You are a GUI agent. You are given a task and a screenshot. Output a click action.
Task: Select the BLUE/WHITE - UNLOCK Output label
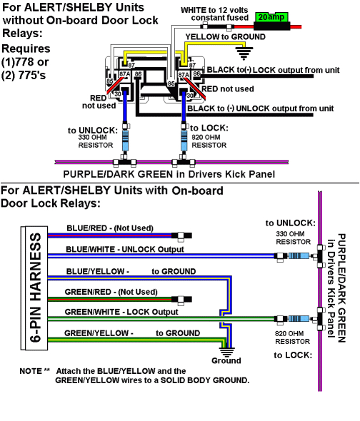click(124, 249)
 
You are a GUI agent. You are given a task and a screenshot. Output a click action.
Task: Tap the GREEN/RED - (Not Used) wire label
click(111, 292)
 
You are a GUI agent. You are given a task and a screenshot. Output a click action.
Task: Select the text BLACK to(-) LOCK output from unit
click(270, 70)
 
